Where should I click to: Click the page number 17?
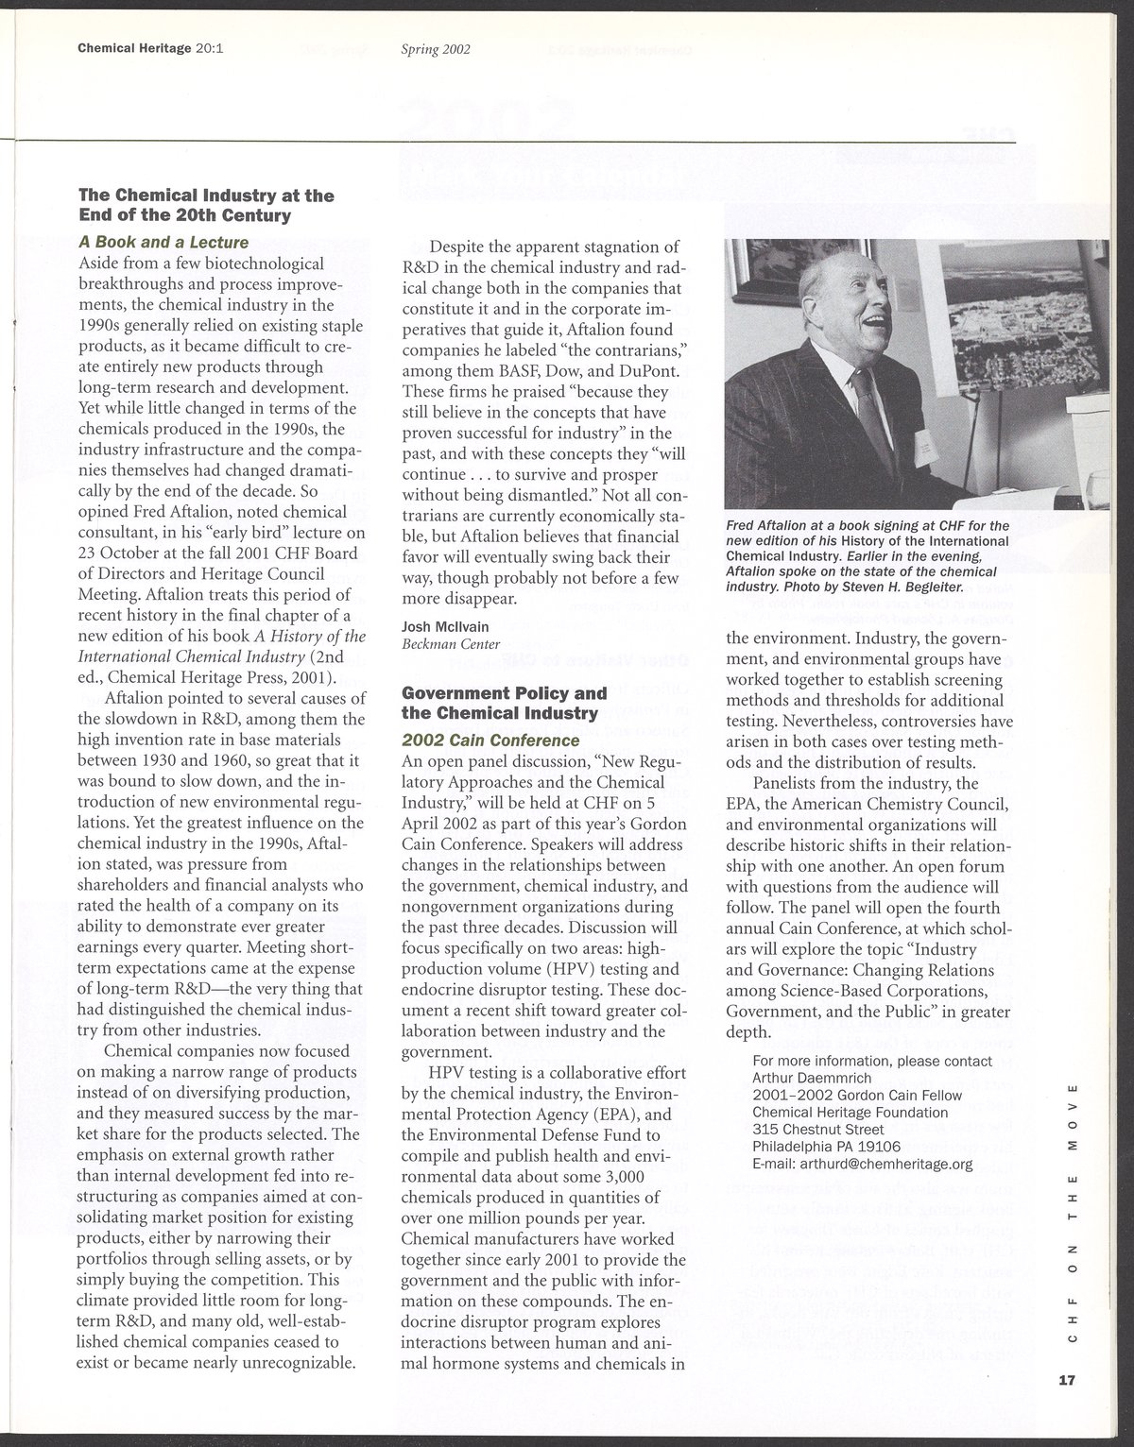(x=1068, y=1379)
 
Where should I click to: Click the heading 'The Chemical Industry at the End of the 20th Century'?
(x=206, y=205)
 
